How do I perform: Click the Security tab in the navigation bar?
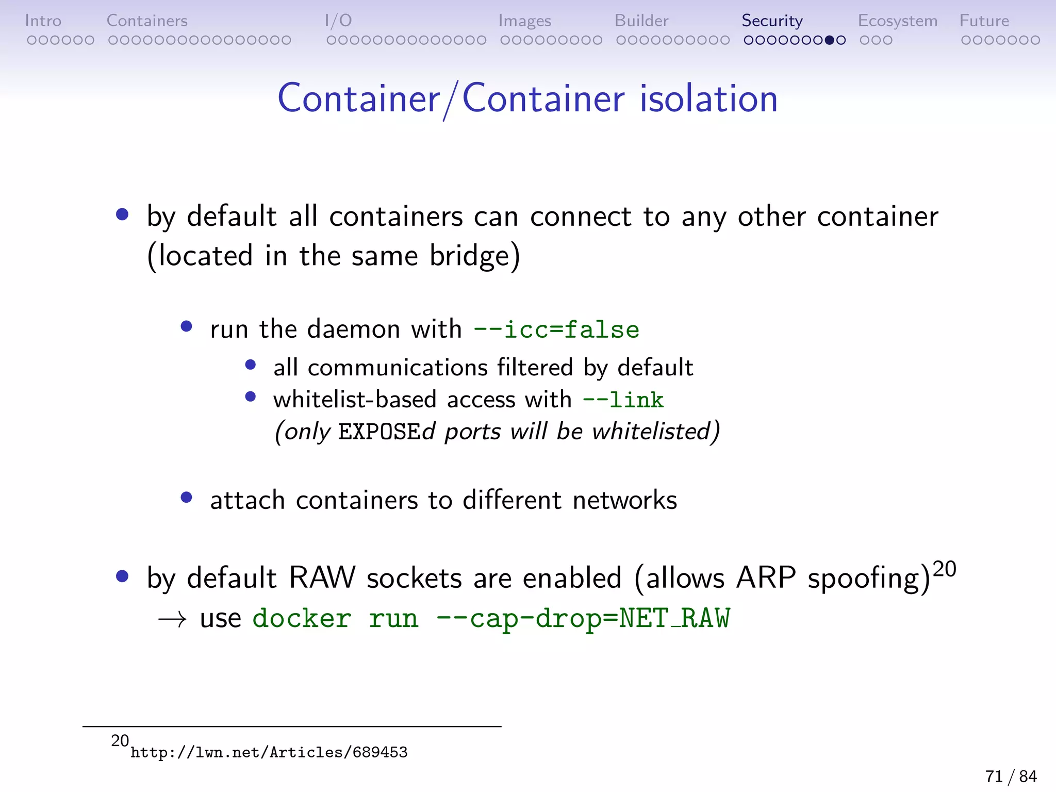click(772, 21)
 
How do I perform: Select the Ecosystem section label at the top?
click(897, 21)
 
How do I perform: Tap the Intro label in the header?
click(43, 21)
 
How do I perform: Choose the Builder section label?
click(641, 21)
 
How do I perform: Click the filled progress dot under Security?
click(830, 40)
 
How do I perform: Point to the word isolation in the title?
click(708, 98)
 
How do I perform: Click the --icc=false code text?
click(556, 329)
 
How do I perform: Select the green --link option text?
click(623, 400)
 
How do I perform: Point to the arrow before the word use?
click(172, 619)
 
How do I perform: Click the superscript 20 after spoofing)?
click(945, 569)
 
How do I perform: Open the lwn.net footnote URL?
click(269, 752)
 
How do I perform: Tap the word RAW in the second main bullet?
click(322, 577)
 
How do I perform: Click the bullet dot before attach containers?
click(187, 498)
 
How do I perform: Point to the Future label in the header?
click(984, 21)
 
